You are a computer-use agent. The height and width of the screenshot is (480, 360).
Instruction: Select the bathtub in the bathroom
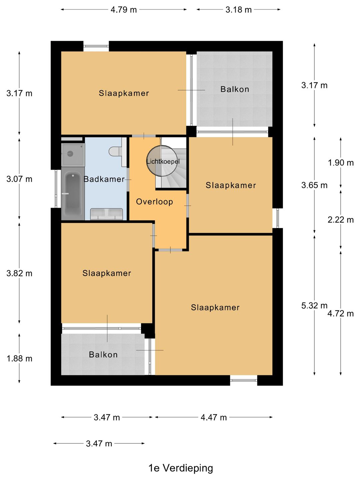point(73,194)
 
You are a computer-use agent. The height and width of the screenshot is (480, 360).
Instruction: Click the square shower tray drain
point(70,154)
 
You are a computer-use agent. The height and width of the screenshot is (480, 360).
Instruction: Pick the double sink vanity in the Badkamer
point(106,214)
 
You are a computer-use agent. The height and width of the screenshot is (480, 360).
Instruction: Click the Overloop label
point(155,202)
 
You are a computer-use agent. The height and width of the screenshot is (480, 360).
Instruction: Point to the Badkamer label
point(104,179)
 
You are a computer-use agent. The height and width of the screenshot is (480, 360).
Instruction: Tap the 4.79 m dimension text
point(123,10)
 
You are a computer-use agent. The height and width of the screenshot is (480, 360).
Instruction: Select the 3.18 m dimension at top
point(238,10)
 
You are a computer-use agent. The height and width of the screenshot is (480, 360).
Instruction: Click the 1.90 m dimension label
point(341,163)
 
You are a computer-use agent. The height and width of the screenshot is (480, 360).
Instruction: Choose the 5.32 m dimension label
point(314,306)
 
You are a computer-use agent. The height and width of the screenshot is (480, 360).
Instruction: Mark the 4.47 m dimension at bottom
point(214,417)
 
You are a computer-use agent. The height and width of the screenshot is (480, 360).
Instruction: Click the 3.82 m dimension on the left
point(19,273)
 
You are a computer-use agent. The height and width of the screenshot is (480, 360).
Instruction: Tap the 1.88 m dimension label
point(19,359)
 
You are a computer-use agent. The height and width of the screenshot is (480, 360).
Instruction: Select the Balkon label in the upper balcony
point(235,89)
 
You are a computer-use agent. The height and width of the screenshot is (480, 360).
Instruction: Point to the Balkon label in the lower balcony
point(103,354)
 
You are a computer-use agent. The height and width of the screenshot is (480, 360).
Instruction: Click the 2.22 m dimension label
point(341,220)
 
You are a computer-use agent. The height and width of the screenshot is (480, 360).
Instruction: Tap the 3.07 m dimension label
point(19,179)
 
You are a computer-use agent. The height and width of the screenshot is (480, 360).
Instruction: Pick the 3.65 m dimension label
point(314,185)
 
